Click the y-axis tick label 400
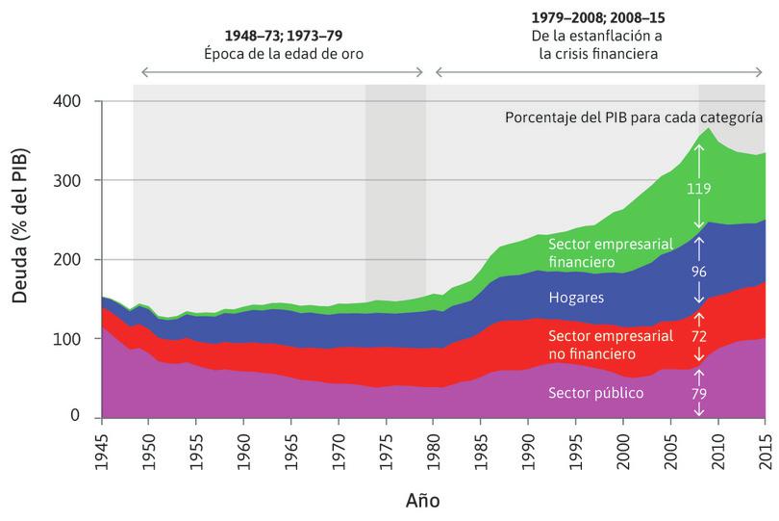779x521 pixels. click(x=74, y=101)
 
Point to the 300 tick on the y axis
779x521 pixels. click(x=74, y=180)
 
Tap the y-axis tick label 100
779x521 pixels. click(x=74, y=339)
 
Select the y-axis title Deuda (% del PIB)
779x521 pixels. click(x=20, y=226)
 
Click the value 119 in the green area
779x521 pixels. click(x=699, y=190)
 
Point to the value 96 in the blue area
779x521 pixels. click(x=699, y=272)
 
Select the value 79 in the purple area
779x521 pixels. click(x=699, y=393)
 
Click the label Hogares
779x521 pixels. click(x=575, y=298)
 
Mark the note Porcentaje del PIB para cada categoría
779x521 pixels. click(x=634, y=117)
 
